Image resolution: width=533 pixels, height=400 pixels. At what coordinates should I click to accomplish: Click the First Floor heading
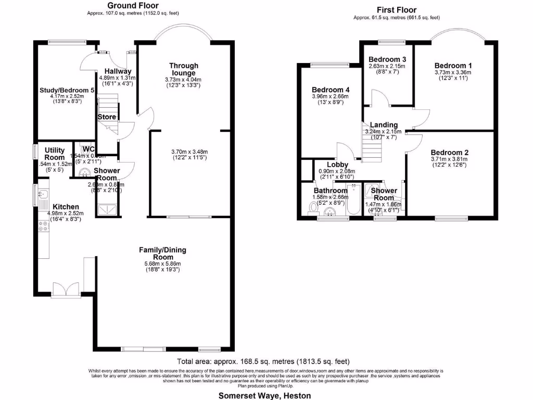point(396,10)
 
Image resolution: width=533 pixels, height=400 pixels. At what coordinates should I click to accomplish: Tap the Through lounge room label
point(184,69)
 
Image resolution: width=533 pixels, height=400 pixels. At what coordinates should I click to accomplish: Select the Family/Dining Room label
point(162,254)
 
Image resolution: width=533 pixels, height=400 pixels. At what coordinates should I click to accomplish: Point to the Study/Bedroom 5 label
point(67,90)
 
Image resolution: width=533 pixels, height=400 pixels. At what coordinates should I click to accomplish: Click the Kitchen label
point(62,207)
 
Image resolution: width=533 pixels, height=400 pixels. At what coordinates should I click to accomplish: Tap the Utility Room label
point(54,154)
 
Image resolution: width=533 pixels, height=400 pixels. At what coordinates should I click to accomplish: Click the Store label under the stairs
point(107,117)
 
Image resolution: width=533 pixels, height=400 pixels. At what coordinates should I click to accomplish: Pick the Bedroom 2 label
point(449,153)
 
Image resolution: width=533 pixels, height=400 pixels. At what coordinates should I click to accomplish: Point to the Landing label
point(384,125)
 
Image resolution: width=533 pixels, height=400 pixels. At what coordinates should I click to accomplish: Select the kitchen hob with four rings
point(43,226)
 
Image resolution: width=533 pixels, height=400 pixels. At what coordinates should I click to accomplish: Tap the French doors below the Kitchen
point(66,290)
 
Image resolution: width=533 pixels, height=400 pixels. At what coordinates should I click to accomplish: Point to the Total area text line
point(263,361)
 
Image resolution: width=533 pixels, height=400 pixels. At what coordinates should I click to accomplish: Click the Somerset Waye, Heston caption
point(265,395)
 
